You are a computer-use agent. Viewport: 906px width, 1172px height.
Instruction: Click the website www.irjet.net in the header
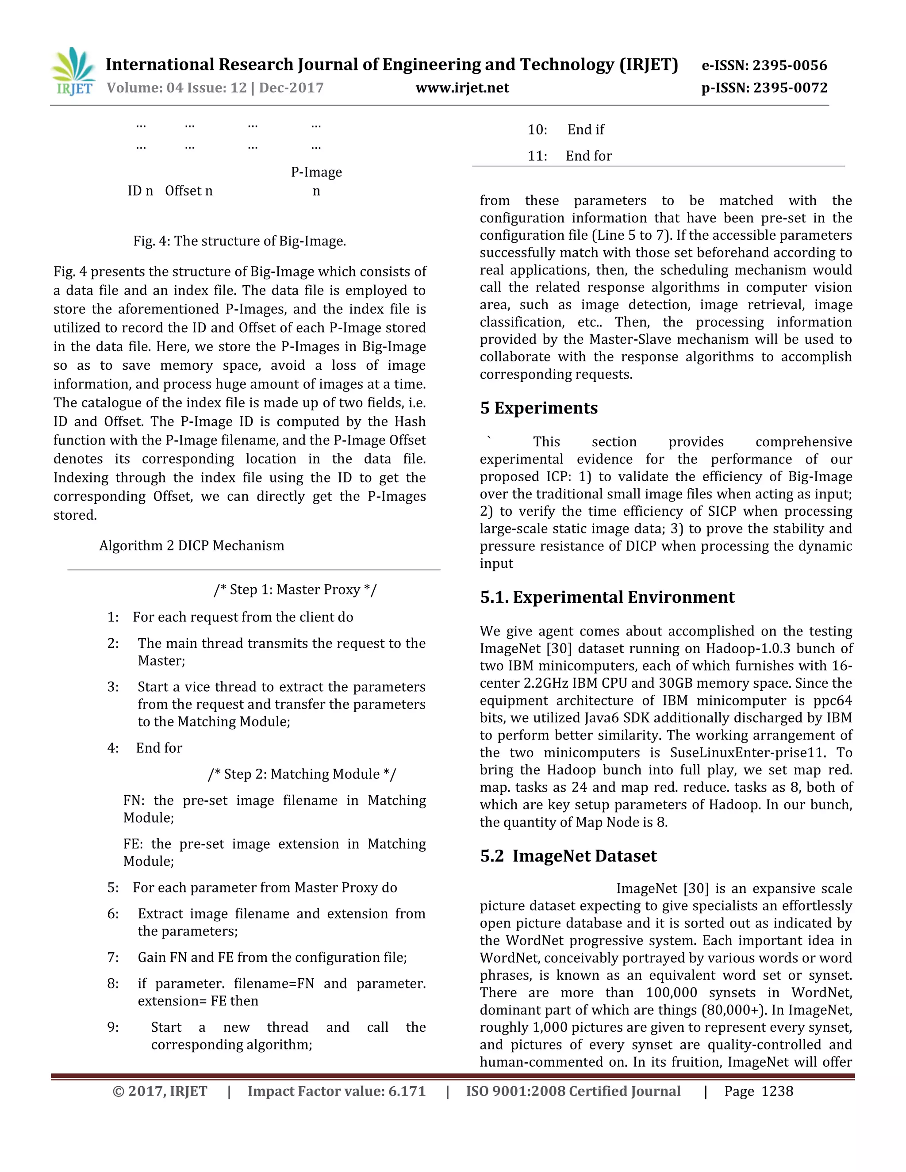tap(462, 88)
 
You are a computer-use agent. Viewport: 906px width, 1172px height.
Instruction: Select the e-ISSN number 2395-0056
tap(790, 65)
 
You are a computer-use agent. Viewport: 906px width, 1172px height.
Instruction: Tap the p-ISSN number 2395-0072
tap(790, 88)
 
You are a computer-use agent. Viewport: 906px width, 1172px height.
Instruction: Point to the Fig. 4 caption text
tap(239, 241)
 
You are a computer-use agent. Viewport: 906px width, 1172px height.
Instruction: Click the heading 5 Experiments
tap(538, 408)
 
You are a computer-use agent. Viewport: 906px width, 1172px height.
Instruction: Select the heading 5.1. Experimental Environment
tap(607, 597)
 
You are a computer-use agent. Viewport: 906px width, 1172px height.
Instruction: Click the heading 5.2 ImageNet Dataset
tap(568, 855)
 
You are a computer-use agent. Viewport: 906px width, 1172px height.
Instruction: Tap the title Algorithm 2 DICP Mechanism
tap(192, 545)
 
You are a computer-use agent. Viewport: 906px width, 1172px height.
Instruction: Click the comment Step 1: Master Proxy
tap(295, 589)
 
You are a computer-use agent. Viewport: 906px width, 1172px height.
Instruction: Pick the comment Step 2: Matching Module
tap(302, 774)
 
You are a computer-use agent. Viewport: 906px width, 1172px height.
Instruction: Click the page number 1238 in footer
tap(777, 1091)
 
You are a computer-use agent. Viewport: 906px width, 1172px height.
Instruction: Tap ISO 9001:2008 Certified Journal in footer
tap(573, 1091)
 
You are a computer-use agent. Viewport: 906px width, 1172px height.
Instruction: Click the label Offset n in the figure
tap(188, 191)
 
